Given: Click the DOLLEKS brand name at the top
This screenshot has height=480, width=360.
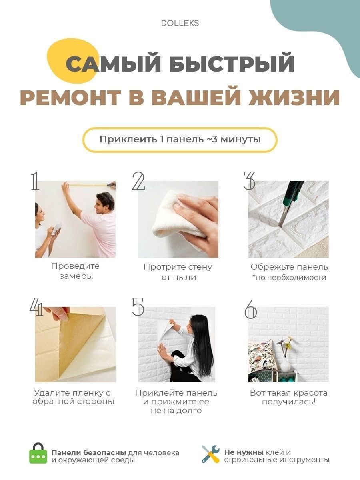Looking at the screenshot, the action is (180, 23).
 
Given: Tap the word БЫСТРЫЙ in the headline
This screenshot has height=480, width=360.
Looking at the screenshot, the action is (232, 64).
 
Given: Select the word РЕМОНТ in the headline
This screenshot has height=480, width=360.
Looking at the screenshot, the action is (71, 98).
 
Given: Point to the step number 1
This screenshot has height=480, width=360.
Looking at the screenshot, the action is (35, 181).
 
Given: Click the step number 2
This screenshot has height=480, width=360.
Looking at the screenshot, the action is (138, 181).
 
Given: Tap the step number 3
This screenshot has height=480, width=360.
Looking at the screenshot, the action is (249, 181).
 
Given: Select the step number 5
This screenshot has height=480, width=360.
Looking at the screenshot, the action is (138, 306).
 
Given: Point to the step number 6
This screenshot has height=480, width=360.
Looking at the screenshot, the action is (250, 309).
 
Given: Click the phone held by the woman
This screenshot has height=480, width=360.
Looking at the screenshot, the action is (56, 229).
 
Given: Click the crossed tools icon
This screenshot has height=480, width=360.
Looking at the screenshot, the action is (210, 454).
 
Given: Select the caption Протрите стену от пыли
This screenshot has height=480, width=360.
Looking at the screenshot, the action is (178, 272).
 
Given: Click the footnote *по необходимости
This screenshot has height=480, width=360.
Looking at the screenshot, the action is (289, 278).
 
